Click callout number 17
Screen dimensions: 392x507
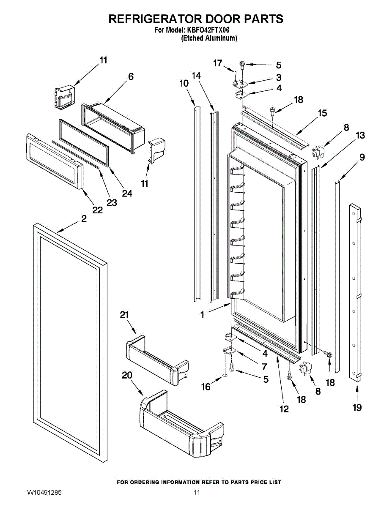218,63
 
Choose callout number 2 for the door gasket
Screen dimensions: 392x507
84,218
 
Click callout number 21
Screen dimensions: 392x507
124,315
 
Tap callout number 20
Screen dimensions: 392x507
127,375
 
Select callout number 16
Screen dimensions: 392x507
206,387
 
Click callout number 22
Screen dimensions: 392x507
97,210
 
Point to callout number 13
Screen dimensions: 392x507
360,135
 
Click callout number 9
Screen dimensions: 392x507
362,157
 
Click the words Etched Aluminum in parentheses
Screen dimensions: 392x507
209,38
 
